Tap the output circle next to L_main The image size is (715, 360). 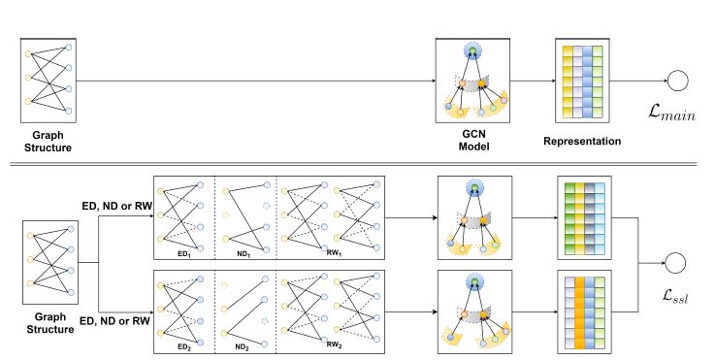(673, 82)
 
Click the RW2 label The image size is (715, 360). (335, 343)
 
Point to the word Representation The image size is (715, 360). (582, 140)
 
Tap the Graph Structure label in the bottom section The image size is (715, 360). (49, 323)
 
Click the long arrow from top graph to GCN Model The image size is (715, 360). (252, 82)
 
